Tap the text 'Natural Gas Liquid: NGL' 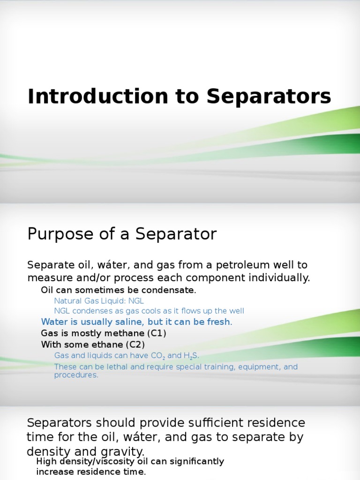coord(92,301)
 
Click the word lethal coord(118,367)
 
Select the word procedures coord(76,375)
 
